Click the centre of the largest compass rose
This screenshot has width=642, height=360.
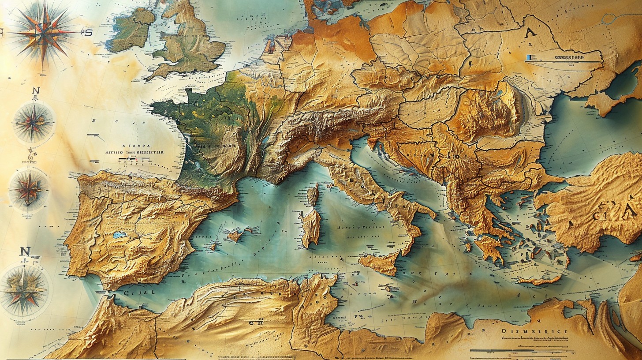pyautogui.click(x=44, y=32)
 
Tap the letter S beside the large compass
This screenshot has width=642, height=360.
pyautogui.click(x=89, y=32)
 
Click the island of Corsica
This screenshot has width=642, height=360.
pyautogui.click(x=313, y=195)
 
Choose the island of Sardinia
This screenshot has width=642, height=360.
pyautogui.click(x=310, y=227)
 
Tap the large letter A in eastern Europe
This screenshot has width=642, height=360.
pyautogui.click(x=531, y=33)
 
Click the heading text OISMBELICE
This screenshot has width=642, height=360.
pyautogui.click(x=535, y=332)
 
